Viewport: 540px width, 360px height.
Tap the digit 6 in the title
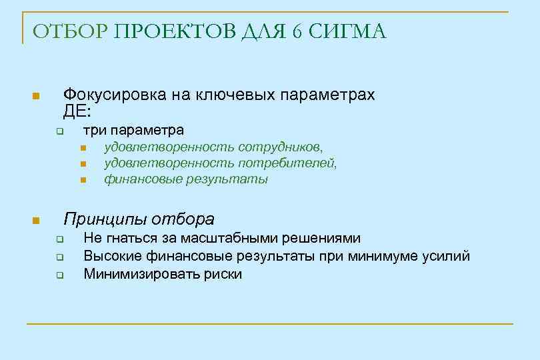297,32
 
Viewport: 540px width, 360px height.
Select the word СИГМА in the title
348,32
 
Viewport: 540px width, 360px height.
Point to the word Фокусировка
112,95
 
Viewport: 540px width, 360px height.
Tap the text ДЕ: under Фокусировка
77,111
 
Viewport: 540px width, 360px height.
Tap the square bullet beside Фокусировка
36,97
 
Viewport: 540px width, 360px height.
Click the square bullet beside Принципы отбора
36,221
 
